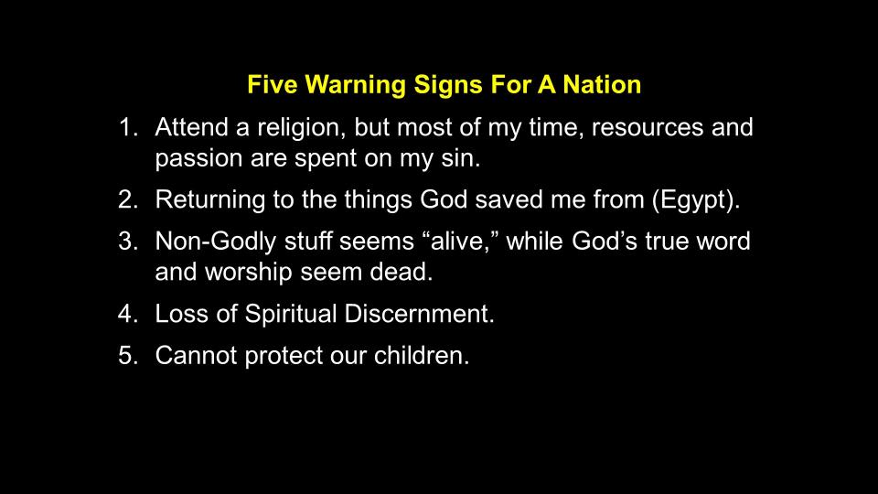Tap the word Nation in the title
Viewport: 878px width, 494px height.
[x=602, y=84]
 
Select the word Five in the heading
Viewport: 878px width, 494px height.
[x=273, y=84]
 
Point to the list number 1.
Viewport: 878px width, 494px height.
[x=128, y=127]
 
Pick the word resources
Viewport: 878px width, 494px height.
[x=648, y=128]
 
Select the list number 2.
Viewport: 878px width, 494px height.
[x=128, y=200]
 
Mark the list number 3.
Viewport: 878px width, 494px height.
[x=128, y=242]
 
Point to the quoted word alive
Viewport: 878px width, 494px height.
[x=462, y=242]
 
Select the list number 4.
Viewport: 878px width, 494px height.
[x=128, y=314]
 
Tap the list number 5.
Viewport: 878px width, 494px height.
[x=128, y=356]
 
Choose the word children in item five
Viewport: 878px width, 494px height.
[x=421, y=356]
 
